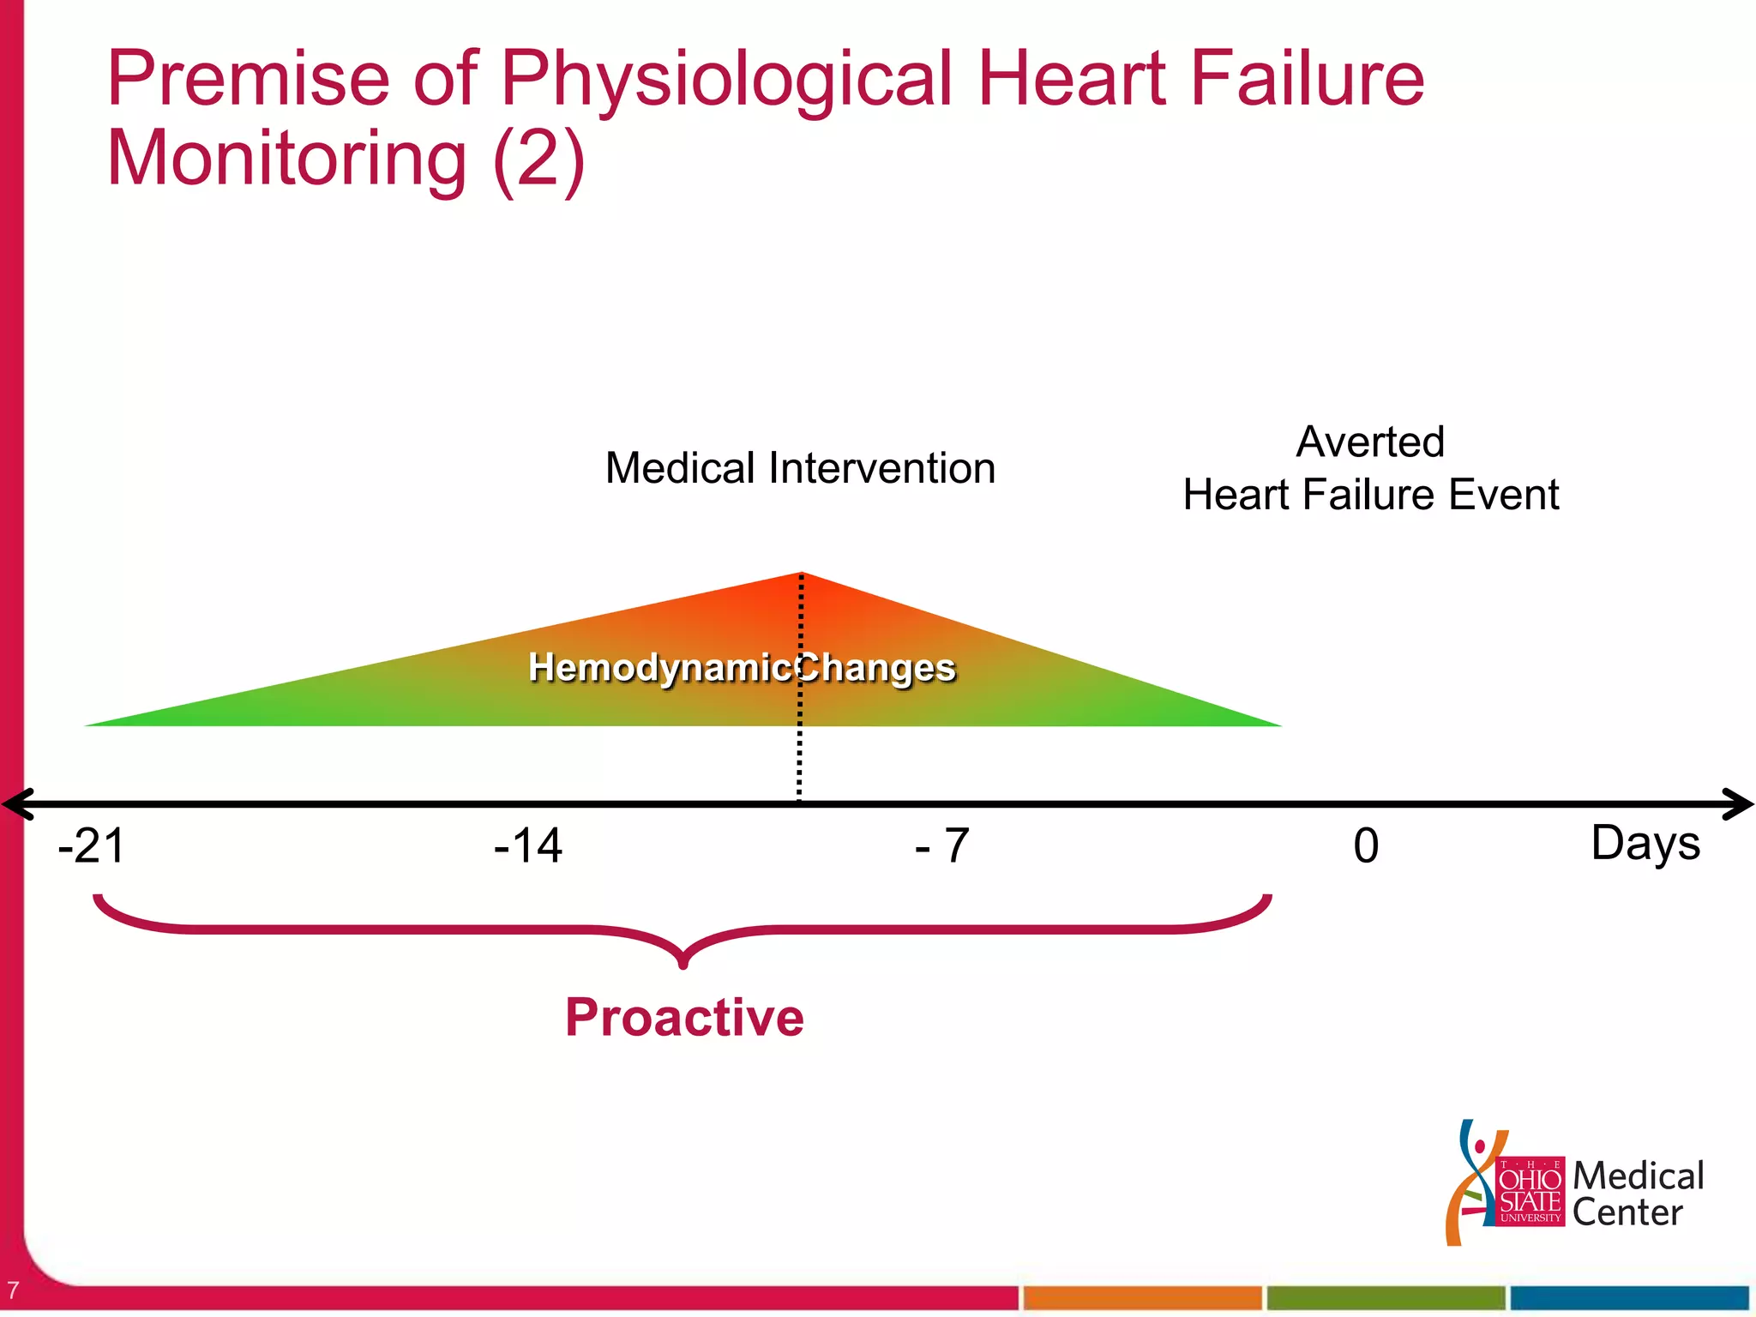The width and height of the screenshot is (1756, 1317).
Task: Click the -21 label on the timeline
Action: tap(92, 846)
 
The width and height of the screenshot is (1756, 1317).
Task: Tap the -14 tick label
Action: tap(528, 846)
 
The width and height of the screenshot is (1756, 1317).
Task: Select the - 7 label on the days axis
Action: tap(942, 846)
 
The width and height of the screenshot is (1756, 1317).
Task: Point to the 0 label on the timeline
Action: tap(1366, 846)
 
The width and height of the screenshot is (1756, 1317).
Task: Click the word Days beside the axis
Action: tap(1645, 844)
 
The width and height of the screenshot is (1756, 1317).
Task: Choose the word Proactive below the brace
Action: tap(684, 1018)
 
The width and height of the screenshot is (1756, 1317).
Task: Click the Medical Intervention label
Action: tap(800, 469)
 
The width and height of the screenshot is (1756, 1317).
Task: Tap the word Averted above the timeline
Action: tap(1370, 442)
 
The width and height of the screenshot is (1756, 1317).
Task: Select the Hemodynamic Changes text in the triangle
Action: tap(742, 667)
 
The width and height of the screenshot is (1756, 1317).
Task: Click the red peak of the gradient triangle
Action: tap(802, 583)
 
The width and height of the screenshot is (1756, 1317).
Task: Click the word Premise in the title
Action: tap(249, 79)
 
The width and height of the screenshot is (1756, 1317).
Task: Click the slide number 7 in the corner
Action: tap(12, 1290)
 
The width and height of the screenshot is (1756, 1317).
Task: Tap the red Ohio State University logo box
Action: tap(1530, 1192)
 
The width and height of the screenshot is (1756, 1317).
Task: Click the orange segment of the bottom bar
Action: tap(1142, 1298)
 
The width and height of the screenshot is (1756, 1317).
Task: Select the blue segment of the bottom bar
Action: tap(1629, 1298)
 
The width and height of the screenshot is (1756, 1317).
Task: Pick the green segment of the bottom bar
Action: tap(1386, 1298)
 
